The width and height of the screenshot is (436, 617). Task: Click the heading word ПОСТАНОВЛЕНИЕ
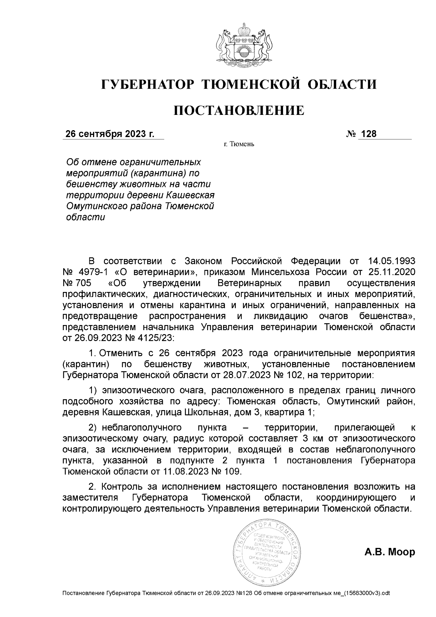tap(239, 110)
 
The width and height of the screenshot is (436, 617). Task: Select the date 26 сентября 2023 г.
tap(110, 134)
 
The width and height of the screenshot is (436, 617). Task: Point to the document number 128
tap(369, 134)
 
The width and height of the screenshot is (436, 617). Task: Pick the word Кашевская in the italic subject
tap(190, 195)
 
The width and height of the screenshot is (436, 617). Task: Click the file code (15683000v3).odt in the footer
tap(364, 593)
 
